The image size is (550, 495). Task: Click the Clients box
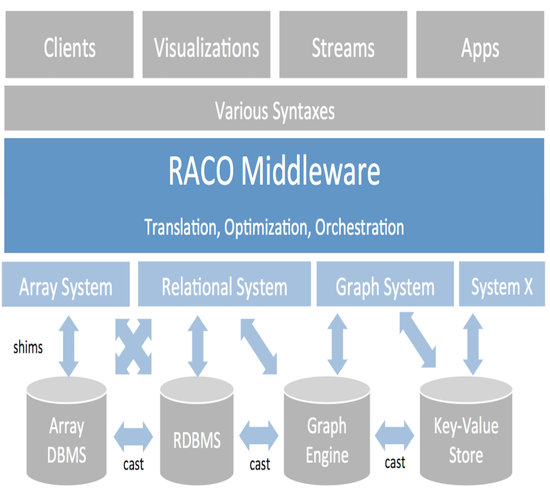69,44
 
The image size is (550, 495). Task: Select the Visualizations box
206,44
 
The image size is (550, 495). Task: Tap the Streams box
343,44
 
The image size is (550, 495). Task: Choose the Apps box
480,44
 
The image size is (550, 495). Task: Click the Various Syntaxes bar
274,108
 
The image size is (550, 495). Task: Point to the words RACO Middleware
274,171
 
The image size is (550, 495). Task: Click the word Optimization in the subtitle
267,228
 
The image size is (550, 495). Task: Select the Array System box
66,284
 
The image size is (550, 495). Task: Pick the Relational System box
225,284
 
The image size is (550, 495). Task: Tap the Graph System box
385,284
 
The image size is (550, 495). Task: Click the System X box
502,284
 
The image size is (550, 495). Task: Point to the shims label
28,348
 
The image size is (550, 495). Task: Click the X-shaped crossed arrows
133,346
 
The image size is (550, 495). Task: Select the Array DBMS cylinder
67,431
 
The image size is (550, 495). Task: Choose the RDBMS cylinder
197,431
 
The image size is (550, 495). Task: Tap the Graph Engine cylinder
327,431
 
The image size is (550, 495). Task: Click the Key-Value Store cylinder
466,431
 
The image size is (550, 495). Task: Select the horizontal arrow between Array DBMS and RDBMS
133,437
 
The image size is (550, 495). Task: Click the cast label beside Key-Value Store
395,463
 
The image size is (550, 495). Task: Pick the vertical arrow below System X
473,344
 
